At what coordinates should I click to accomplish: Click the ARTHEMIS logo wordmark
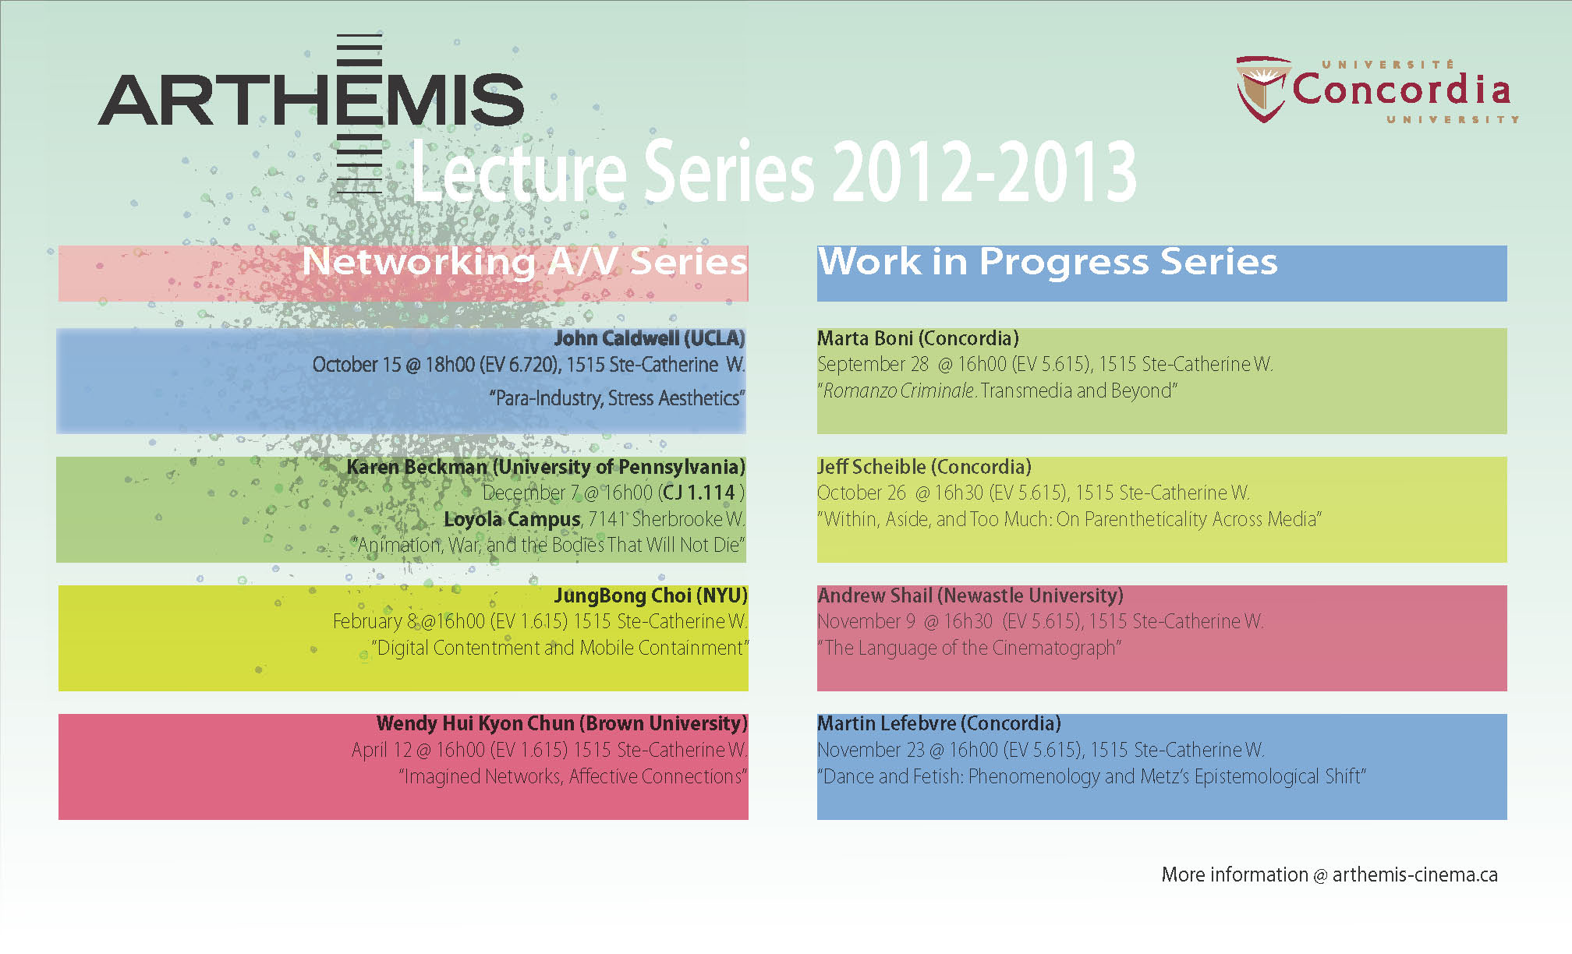(311, 100)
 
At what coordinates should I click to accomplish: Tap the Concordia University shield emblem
(1262, 88)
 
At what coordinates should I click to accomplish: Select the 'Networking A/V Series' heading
(525, 262)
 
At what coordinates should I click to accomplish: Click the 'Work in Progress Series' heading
(1048, 262)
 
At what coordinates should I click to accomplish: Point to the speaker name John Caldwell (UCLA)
(650, 338)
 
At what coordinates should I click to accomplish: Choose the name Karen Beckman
(416, 467)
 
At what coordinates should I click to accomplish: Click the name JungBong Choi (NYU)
(650, 595)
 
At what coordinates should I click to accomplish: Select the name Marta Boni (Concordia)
(918, 338)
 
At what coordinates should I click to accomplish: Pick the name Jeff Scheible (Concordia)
(924, 467)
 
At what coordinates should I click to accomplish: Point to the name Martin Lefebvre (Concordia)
(939, 723)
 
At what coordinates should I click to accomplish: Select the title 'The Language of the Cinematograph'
(969, 648)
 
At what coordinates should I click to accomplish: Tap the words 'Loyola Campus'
(512, 519)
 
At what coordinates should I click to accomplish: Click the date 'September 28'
(873, 365)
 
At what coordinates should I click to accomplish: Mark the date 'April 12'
(381, 751)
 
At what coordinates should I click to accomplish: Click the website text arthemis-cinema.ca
(1414, 874)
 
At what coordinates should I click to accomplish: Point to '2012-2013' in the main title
(984, 171)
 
